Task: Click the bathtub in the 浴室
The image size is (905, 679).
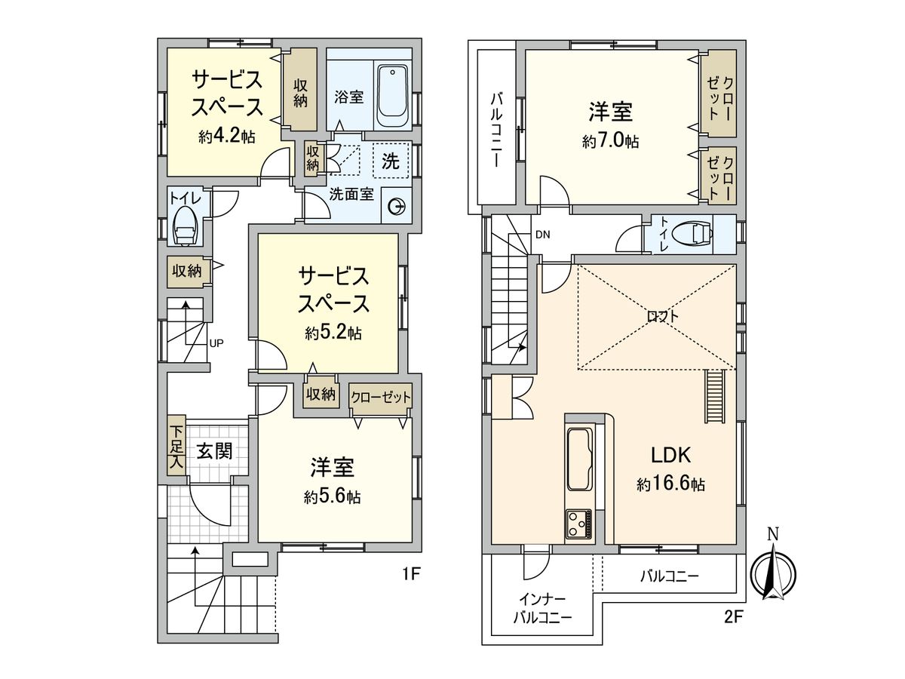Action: [391, 97]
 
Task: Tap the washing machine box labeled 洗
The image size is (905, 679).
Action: [391, 160]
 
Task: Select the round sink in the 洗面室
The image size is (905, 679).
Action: [395, 206]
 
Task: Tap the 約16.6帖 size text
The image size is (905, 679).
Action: [670, 485]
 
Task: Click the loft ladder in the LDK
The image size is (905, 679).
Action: [713, 398]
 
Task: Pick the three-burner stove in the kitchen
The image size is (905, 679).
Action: [579, 524]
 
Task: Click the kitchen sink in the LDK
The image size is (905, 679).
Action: [579, 459]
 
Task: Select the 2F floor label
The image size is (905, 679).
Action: [734, 616]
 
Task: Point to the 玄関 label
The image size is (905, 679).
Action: [214, 451]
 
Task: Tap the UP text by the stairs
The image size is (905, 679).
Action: [216, 343]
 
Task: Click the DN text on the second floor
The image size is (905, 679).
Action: [542, 234]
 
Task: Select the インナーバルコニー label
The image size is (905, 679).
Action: [542, 608]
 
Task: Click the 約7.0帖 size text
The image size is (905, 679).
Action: [610, 142]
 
